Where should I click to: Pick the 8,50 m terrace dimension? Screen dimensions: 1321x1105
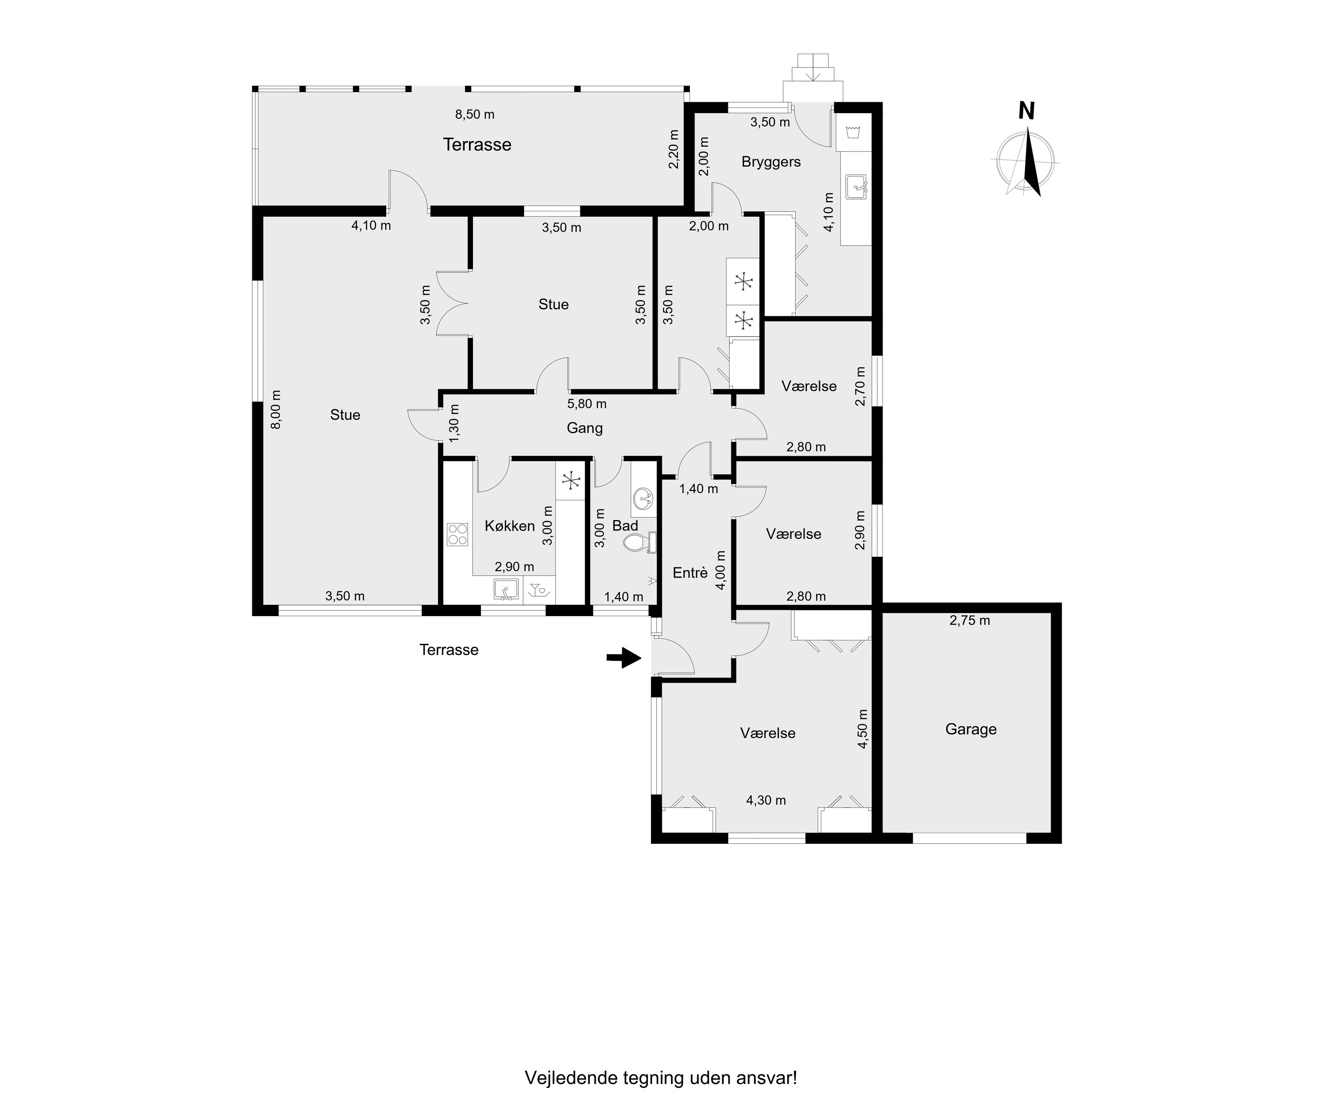(475, 115)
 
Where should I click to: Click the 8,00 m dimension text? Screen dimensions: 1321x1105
(276, 410)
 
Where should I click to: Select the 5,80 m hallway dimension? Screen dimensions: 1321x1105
(587, 404)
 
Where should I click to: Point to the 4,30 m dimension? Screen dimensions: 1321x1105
(766, 800)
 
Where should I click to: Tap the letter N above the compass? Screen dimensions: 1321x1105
(1026, 111)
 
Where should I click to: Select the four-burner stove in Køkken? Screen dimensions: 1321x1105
(458, 534)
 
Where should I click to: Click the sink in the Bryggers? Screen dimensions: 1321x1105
(857, 187)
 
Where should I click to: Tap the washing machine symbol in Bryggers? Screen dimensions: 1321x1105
(854, 132)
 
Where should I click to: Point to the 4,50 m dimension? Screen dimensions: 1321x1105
(863, 729)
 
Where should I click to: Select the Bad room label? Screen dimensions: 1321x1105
(625, 526)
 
